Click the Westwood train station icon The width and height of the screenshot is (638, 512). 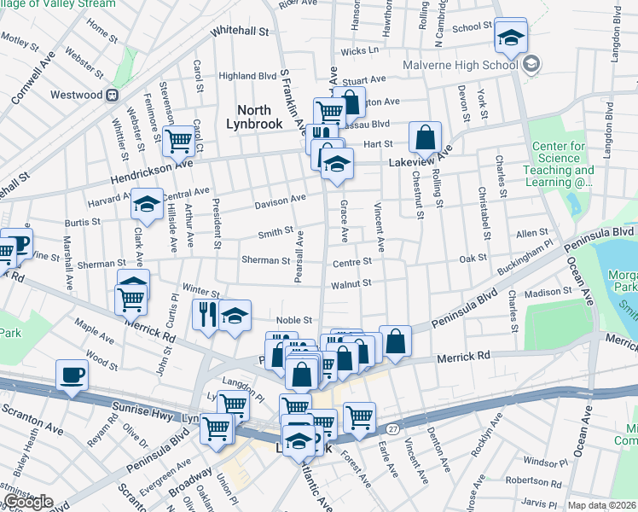coord(111,95)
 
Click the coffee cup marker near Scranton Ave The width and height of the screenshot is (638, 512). coord(72,374)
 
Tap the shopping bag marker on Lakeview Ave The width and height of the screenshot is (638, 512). coord(425,137)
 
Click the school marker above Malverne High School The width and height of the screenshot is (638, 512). coord(511,37)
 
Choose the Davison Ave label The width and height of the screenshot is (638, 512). coord(280,203)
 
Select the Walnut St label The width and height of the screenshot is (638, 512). coord(351,283)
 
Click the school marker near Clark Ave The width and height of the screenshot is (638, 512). coord(147,205)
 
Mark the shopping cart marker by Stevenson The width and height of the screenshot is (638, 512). coord(178,139)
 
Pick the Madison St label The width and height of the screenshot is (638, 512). coord(548,292)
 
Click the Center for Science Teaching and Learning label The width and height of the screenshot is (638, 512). coord(560,164)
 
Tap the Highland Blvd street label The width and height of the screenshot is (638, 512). coord(247,76)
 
